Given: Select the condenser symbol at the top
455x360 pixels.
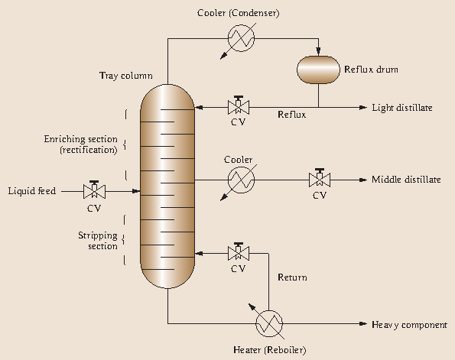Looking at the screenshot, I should [239, 34].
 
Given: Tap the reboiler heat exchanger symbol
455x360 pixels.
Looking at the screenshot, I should [268, 324].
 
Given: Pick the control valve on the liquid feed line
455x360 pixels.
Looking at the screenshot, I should [96, 190].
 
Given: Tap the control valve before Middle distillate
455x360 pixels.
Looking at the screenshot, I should [318, 180].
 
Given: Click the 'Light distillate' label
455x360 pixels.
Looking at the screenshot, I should [401, 108].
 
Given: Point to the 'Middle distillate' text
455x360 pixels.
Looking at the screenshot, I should [406, 180].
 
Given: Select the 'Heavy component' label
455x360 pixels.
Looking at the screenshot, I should [409, 325].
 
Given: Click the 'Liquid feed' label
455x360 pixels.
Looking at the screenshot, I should [31, 190].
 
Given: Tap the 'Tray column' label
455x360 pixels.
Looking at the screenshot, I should [125, 76].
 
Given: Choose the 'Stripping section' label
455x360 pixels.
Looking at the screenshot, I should [98, 241].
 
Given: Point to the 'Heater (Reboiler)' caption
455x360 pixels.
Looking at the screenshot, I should [268, 350].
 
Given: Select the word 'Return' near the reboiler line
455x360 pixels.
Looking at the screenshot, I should [292, 277].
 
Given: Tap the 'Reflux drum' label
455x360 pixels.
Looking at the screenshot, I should [371, 70].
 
